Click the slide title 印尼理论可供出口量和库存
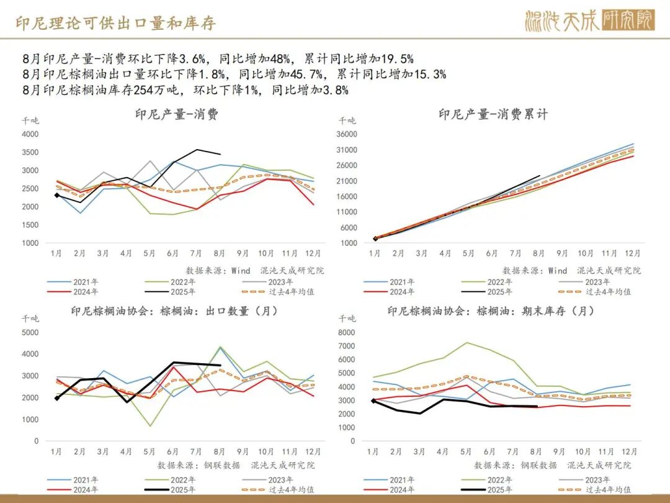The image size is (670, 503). [x=116, y=24]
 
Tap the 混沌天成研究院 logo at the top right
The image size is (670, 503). [x=589, y=21]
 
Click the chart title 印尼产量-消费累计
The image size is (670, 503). [x=493, y=114]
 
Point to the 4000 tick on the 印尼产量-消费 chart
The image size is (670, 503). [x=29, y=134]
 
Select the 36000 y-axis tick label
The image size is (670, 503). [x=346, y=134]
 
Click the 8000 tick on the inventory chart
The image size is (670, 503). [x=346, y=332]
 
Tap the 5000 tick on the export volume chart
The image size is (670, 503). [x=29, y=332]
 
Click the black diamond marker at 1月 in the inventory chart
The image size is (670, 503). [x=373, y=401]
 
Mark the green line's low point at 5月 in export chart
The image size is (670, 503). [x=150, y=426]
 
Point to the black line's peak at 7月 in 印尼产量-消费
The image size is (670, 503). [x=197, y=150]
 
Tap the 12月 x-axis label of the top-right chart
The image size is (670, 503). [x=632, y=253]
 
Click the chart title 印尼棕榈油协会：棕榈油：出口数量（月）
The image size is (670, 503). [x=174, y=311]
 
